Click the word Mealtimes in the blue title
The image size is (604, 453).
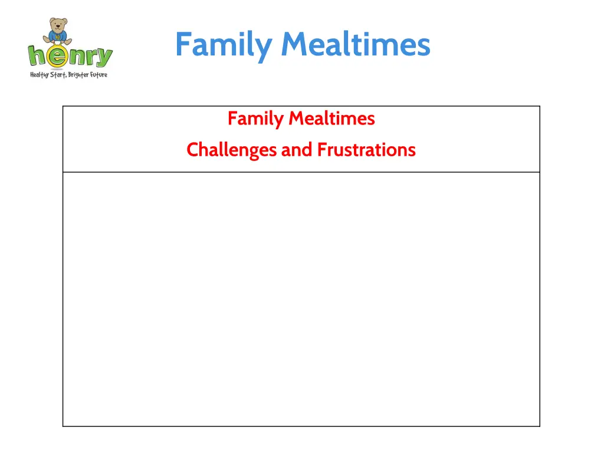pyautogui.click(x=356, y=45)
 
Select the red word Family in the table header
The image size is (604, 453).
pyautogui.click(x=255, y=119)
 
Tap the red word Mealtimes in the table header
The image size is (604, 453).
pyautogui.click(x=331, y=119)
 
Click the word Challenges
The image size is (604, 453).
pyautogui.click(x=231, y=150)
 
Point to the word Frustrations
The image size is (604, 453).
pyautogui.click(x=366, y=150)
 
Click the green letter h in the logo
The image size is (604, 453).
pyautogui.click(x=37, y=56)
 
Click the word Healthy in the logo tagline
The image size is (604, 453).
pyautogui.click(x=40, y=75)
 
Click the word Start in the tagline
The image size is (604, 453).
pyautogui.click(x=58, y=75)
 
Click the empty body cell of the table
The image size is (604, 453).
pyautogui.click(x=301, y=298)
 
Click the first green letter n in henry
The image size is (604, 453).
pyautogui.click(x=76, y=57)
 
